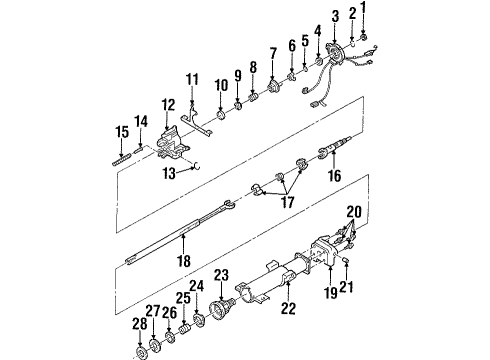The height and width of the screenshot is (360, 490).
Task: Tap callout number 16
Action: pos(333,174)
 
